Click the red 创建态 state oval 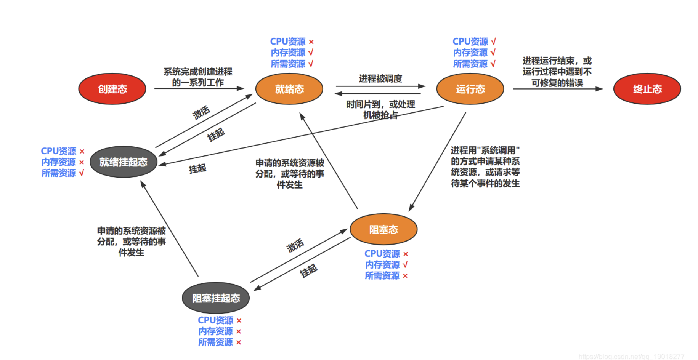(112, 89)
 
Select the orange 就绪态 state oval (289, 89)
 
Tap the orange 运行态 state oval (470, 89)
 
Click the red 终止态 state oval (647, 89)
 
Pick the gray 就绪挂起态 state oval (123, 162)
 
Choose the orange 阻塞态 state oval (383, 229)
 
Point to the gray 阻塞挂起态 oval (216, 298)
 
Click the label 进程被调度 (380, 78)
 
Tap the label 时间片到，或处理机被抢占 (380, 109)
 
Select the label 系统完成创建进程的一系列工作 (198, 77)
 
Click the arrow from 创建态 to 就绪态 (198, 88)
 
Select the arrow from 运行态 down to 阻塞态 (437, 162)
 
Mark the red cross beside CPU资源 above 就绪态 (311, 42)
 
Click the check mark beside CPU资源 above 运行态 (493, 42)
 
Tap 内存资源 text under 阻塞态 (382, 265)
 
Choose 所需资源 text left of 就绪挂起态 (59, 173)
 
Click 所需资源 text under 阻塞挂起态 (215, 342)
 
